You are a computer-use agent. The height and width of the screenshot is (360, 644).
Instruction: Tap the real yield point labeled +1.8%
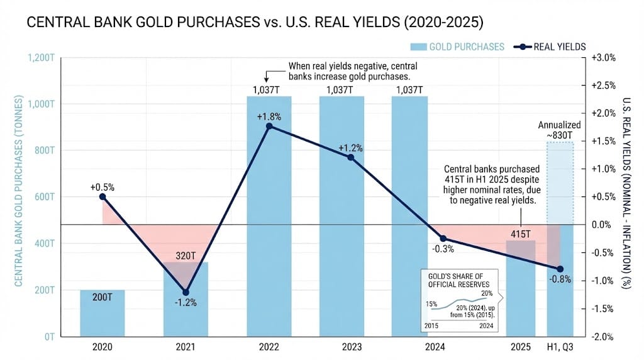(269, 127)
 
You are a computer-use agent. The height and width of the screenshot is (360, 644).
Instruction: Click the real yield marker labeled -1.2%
(186, 292)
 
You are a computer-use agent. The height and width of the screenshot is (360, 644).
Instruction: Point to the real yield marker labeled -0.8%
(560, 269)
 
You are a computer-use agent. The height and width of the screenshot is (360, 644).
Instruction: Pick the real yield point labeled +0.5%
(102, 196)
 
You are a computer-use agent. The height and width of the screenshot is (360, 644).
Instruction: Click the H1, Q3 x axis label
(560, 346)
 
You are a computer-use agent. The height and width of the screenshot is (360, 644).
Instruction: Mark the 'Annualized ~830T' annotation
(560, 130)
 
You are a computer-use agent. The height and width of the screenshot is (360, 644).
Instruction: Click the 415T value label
(520, 234)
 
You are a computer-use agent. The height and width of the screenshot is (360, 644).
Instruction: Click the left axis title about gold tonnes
(18, 191)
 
